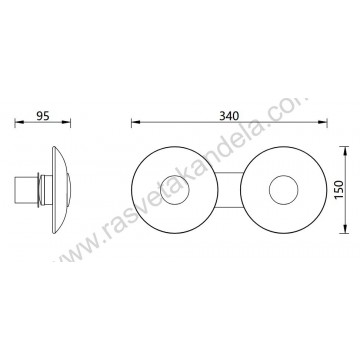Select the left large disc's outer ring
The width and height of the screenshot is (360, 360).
pos(142,188)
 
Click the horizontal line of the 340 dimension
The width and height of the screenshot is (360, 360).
pos(180,123)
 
